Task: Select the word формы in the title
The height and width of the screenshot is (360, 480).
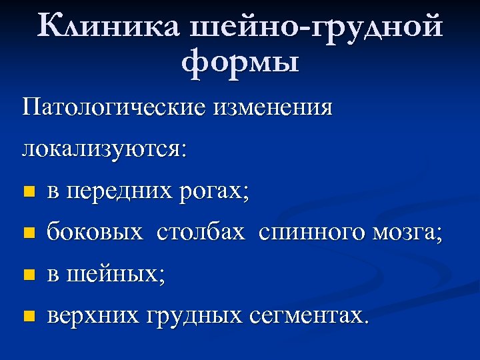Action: [240, 65]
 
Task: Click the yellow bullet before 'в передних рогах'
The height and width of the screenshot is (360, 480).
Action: [27, 193]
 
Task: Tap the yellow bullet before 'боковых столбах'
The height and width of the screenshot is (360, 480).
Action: [27, 233]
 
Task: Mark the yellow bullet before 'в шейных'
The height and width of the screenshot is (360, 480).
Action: [27, 274]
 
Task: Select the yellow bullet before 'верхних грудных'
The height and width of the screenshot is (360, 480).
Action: [27, 315]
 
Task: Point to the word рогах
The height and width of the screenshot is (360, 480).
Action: [213, 193]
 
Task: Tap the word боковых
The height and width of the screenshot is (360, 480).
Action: [95, 233]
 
